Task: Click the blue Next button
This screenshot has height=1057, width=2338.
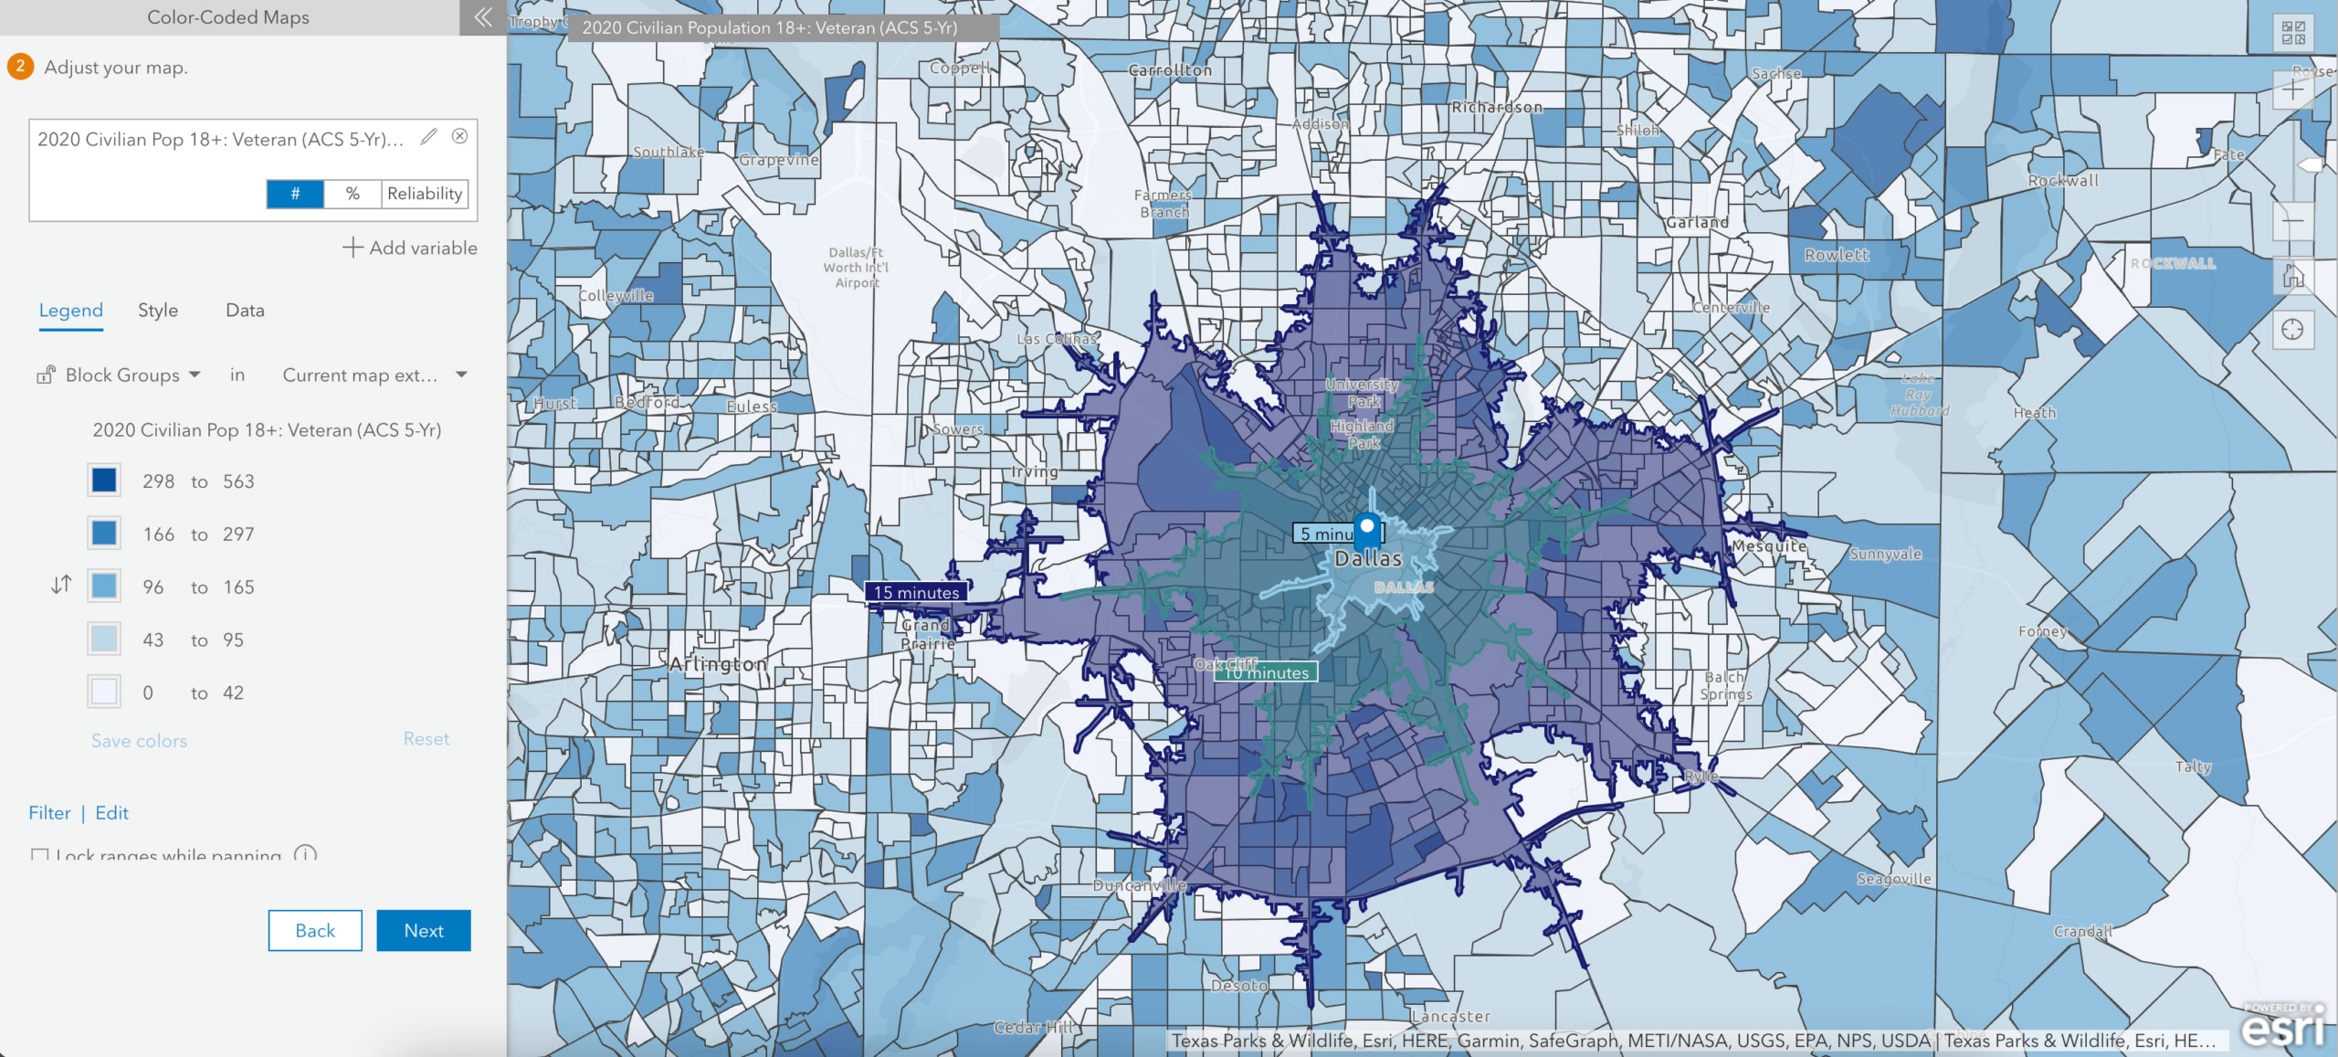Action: click(x=424, y=930)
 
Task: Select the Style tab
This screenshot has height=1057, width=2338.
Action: click(x=158, y=311)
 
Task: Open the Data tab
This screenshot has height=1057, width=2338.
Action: click(x=245, y=311)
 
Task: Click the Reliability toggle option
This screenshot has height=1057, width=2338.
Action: click(x=425, y=194)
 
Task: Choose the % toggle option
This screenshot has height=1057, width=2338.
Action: click(x=353, y=194)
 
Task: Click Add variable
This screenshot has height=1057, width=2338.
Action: click(x=410, y=248)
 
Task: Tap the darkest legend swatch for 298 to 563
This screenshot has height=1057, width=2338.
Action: click(x=104, y=481)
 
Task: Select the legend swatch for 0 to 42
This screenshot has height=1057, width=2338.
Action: click(x=104, y=692)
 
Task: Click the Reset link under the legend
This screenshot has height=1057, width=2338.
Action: click(x=427, y=739)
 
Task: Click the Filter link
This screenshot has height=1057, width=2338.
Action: click(x=49, y=813)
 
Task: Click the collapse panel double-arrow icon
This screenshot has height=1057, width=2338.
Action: click(x=483, y=16)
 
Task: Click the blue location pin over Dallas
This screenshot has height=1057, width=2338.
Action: click(x=1367, y=529)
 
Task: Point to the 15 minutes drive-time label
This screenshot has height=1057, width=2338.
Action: click(x=916, y=592)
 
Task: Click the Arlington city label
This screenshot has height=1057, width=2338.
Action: click(x=718, y=664)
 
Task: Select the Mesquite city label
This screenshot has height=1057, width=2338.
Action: click(x=1769, y=546)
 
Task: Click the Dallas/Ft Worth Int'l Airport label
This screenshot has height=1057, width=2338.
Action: click(x=856, y=268)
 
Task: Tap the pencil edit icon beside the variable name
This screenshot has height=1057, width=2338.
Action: click(x=428, y=137)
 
